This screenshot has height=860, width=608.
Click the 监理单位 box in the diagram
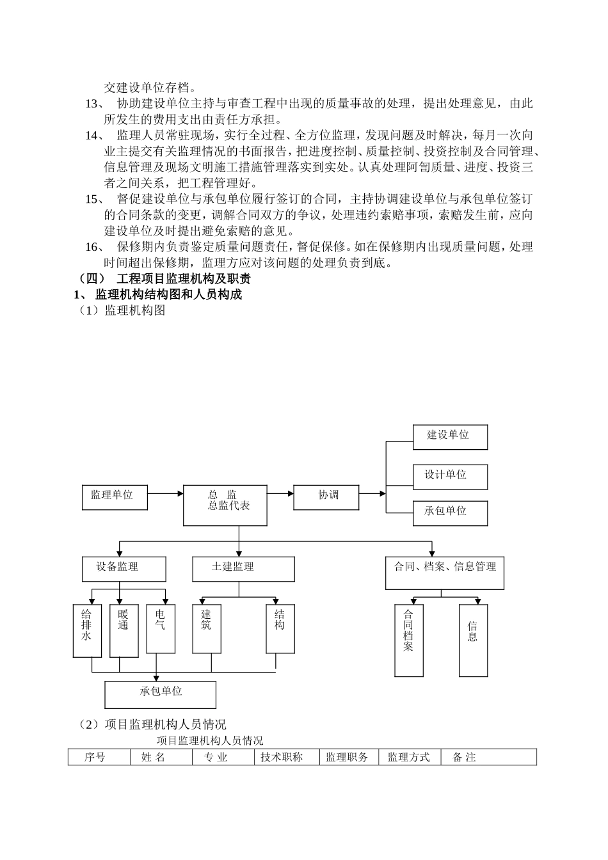[x=115, y=497]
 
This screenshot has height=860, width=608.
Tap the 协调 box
[x=326, y=497]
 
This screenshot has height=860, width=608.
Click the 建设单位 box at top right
[x=450, y=437]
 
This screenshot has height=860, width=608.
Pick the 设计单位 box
[x=450, y=477]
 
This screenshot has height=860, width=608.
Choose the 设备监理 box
[x=124, y=568]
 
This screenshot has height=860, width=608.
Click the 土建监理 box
[x=243, y=568]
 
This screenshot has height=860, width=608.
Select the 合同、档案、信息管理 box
[x=444, y=572]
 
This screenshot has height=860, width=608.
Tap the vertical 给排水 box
[x=87, y=630]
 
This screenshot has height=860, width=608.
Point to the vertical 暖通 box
[x=124, y=630]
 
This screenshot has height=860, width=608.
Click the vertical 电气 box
[x=161, y=630]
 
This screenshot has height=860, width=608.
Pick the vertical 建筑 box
[x=207, y=630]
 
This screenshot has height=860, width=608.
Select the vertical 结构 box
[x=280, y=630]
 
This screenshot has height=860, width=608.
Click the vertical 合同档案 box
[x=409, y=640]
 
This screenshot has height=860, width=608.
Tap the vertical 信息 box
[x=473, y=640]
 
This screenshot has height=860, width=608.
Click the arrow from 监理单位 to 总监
[x=165, y=493]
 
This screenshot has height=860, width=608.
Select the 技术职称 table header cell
[x=282, y=758]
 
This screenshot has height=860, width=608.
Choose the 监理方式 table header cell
[x=409, y=758]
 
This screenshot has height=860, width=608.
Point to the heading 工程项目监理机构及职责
[x=184, y=279]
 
